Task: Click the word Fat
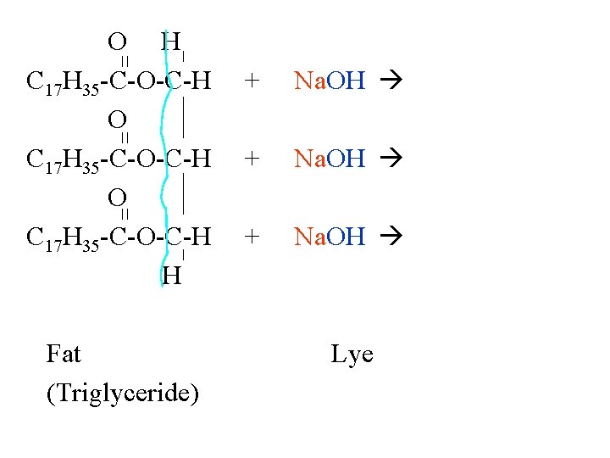point(64,354)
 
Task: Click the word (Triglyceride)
point(124,394)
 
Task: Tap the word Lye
point(352,354)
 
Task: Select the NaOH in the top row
point(330,81)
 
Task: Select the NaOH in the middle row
point(330,158)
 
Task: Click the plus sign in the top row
point(251,81)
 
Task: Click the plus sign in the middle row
point(251,158)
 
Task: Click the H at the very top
point(171,40)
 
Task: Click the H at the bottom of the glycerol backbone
point(171,275)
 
